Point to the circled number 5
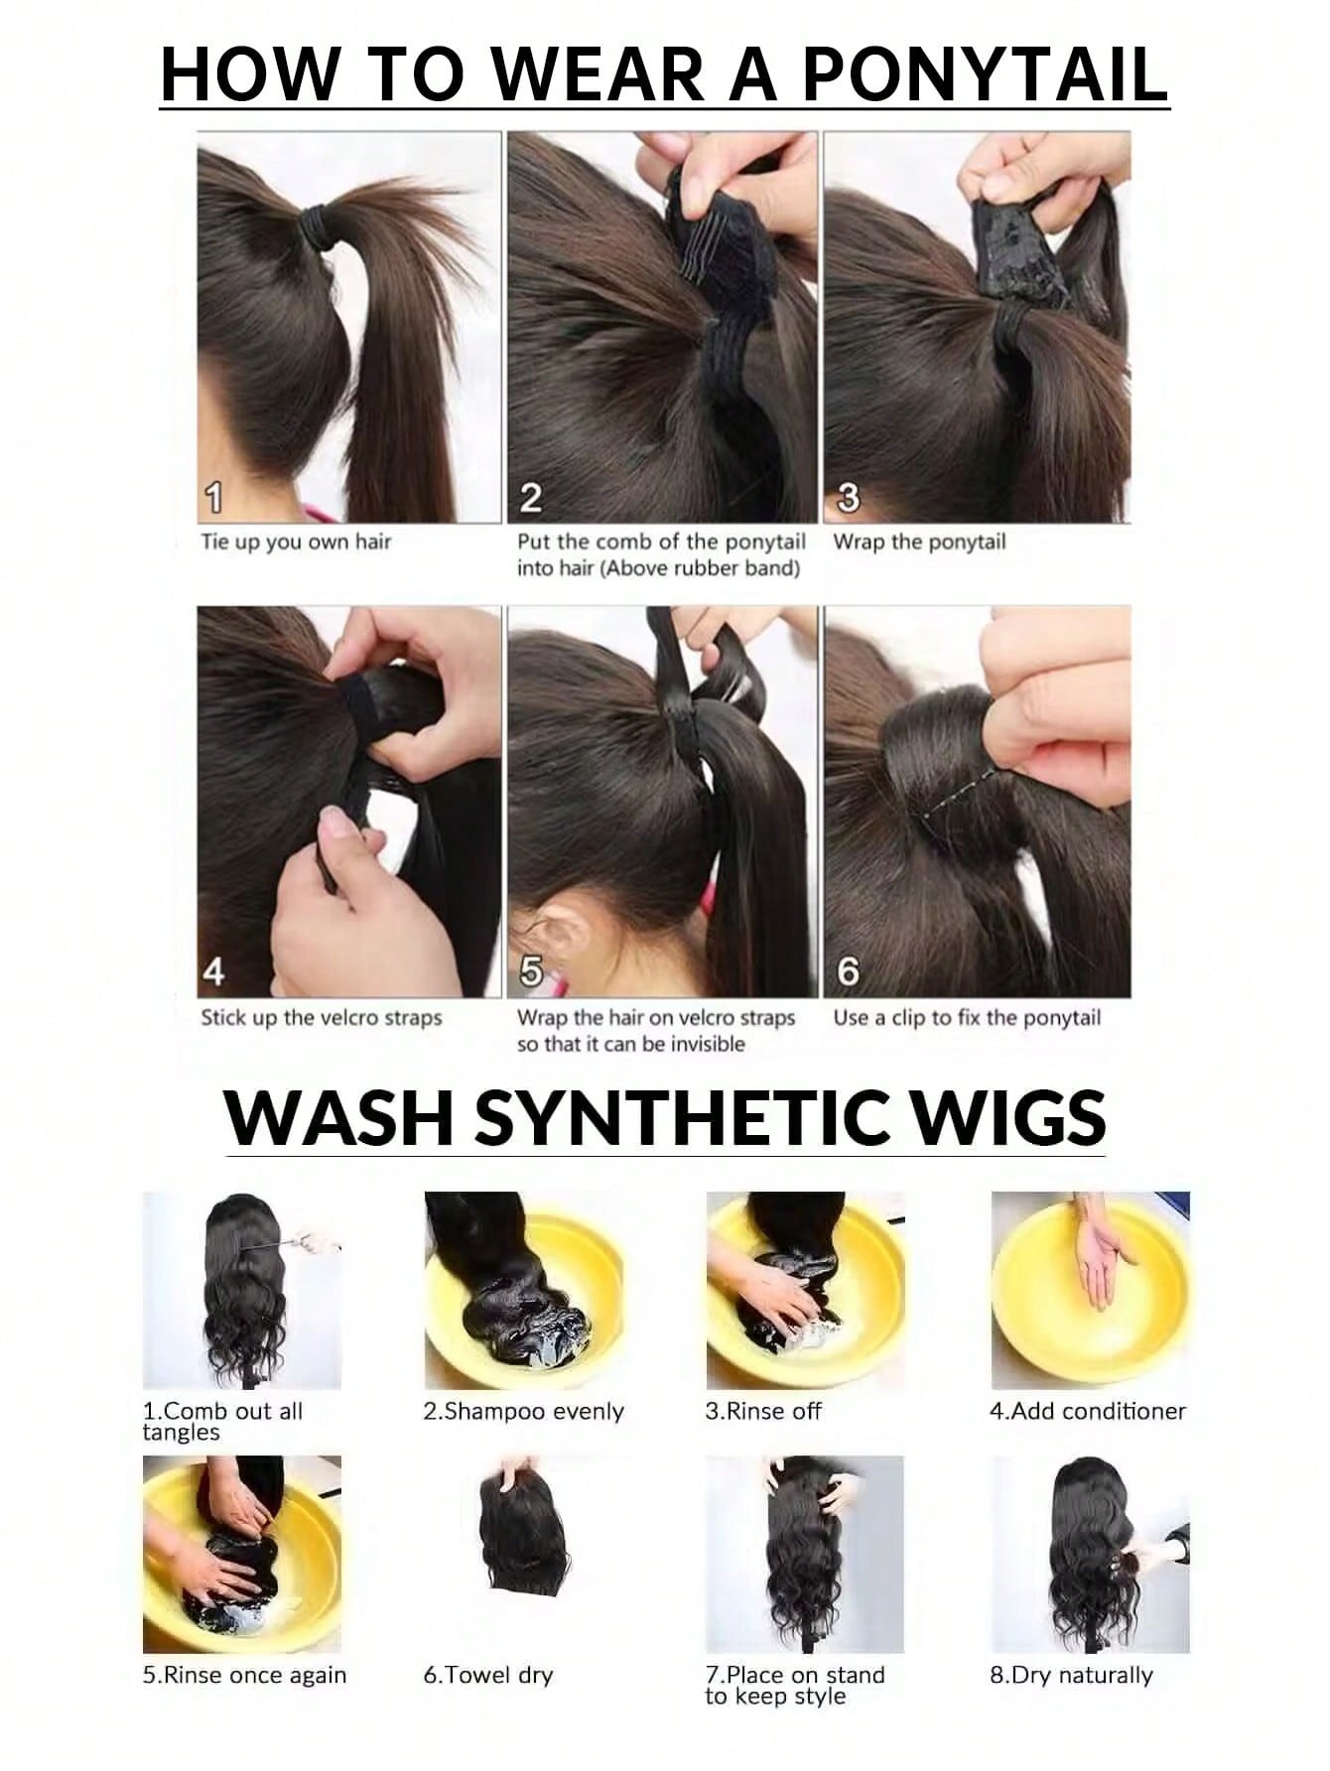click(532, 973)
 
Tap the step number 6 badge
click(849, 972)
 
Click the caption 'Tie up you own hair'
click(296, 543)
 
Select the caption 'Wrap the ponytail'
click(919, 543)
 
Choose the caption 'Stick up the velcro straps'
click(322, 1018)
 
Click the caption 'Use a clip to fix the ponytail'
click(967, 1018)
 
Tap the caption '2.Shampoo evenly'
click(523, 1411)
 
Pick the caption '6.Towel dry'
click(487, 1676)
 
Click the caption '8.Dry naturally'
click(1071, 1676)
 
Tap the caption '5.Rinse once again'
click(244, 1676)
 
